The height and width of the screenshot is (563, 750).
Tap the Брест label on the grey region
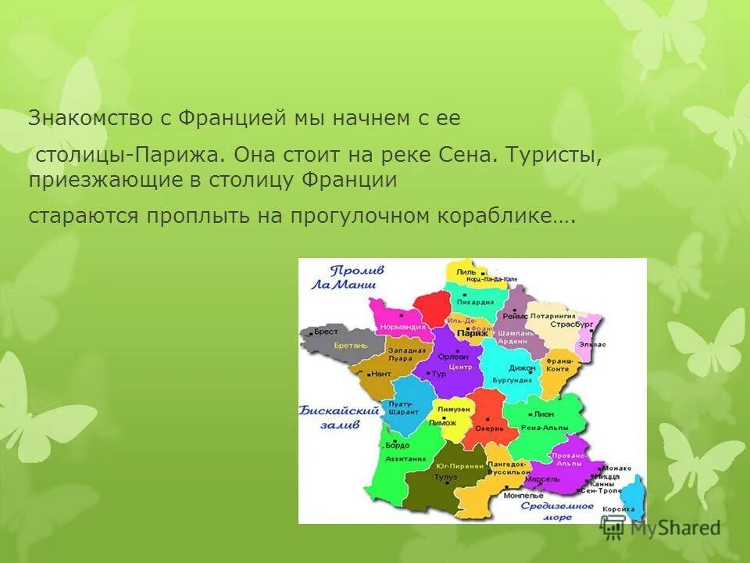(x=327, y=332)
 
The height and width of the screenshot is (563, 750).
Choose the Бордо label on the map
(x=397, y=444)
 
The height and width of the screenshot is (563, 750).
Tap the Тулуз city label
(x=446, y=475)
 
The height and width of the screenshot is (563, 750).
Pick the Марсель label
(x=546, y=478)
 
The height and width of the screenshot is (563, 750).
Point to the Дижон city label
(x=522, y=368)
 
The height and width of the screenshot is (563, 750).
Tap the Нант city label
(x=380, y=374)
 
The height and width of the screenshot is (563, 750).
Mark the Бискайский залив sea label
(x=330, y=417)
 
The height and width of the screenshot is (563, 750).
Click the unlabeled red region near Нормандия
(x=432, y=307)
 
